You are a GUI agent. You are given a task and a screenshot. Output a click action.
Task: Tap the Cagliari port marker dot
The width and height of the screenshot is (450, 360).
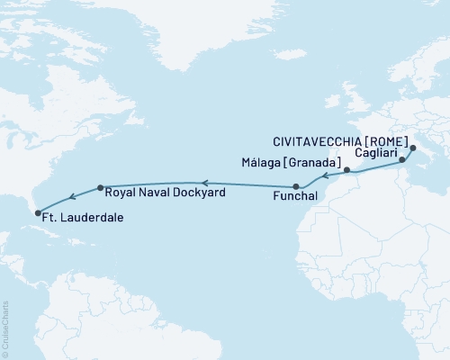tap(402, 160)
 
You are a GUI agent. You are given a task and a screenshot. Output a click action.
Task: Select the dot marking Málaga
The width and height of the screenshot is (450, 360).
tap(347, 168)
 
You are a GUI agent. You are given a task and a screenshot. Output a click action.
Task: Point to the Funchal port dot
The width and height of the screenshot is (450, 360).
tap(295, 186)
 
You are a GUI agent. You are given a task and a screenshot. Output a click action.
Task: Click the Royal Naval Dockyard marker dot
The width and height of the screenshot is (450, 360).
tap(100, 188)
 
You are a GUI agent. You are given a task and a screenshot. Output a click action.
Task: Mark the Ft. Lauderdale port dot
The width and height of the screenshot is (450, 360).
tap(38, 213)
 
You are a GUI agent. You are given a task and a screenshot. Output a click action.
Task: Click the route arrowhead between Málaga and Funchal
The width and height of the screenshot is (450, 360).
tap(323, 175)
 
